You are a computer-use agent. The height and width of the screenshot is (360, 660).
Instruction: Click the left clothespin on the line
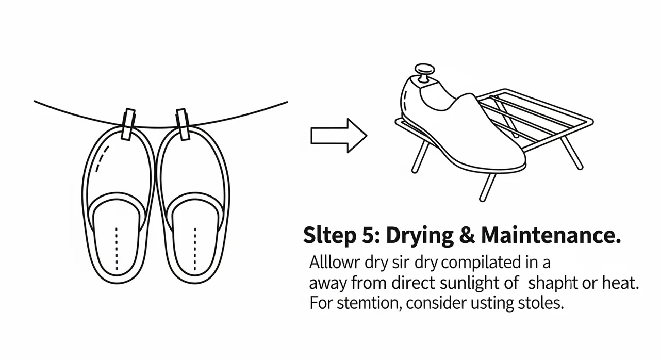pyautogui.click(x=128, y=124)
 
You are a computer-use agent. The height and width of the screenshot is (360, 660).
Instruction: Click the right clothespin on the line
pyautogui.click(x=183, y=124)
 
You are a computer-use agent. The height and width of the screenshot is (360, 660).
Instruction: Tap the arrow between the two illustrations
pyautogui.click(x=339, y=136)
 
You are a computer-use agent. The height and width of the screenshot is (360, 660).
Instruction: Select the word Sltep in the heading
pyautogui.click(x=329, y=236)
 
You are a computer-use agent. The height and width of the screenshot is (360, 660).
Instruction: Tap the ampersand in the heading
pyautogui.click(x=467, y=236)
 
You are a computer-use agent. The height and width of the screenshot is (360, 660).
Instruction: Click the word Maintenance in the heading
pyautogui.click(x=548, y=235)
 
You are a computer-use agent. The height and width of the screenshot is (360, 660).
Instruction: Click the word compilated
pyautogui.click(x=480, y=263)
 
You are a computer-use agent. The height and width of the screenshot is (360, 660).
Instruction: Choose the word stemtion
pyautogui.click(x=370, y=303)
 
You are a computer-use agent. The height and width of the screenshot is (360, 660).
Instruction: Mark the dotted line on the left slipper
pyautogui.click(x=117, y=249)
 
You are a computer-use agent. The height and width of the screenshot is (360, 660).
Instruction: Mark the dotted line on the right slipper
pyautogui.click(x=195, y=249)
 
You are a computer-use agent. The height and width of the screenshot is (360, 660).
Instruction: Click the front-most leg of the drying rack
pyautogui.click(x=488, y=187)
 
